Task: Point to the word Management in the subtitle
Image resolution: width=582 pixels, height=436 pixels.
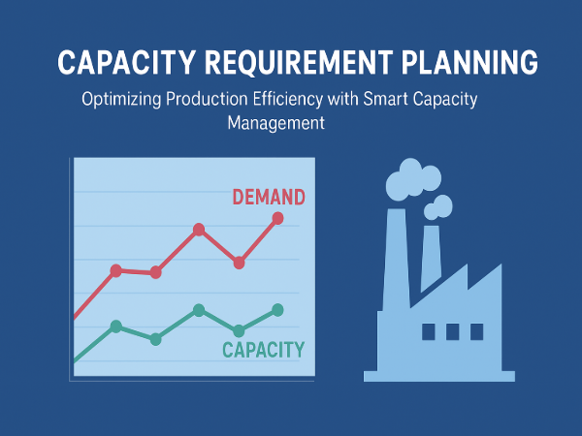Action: [x=275, y=124]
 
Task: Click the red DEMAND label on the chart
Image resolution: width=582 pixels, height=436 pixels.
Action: [x=269, y=198]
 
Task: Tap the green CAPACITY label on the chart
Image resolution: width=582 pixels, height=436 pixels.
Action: [x=263, y=350]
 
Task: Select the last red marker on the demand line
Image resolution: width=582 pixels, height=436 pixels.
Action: [x=278, y=218]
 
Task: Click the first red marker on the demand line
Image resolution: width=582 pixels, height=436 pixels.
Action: [x=116, y=270]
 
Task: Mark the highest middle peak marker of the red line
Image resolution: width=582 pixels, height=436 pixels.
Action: [x=199, y=230]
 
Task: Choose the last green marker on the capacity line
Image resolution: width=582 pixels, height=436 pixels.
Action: [x=277, y=310]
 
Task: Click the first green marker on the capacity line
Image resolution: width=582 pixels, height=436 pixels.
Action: [x=116, y=327]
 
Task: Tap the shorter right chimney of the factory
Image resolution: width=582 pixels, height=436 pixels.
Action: [x=431, y=257]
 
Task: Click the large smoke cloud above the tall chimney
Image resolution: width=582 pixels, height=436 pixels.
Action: [x=406, y=179]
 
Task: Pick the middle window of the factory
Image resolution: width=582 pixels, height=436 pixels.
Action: [x=453, y=331]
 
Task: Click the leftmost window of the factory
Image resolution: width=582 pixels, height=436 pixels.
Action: [x=429, y=331]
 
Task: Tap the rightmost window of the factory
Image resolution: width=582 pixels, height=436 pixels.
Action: [x=476, y=331]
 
